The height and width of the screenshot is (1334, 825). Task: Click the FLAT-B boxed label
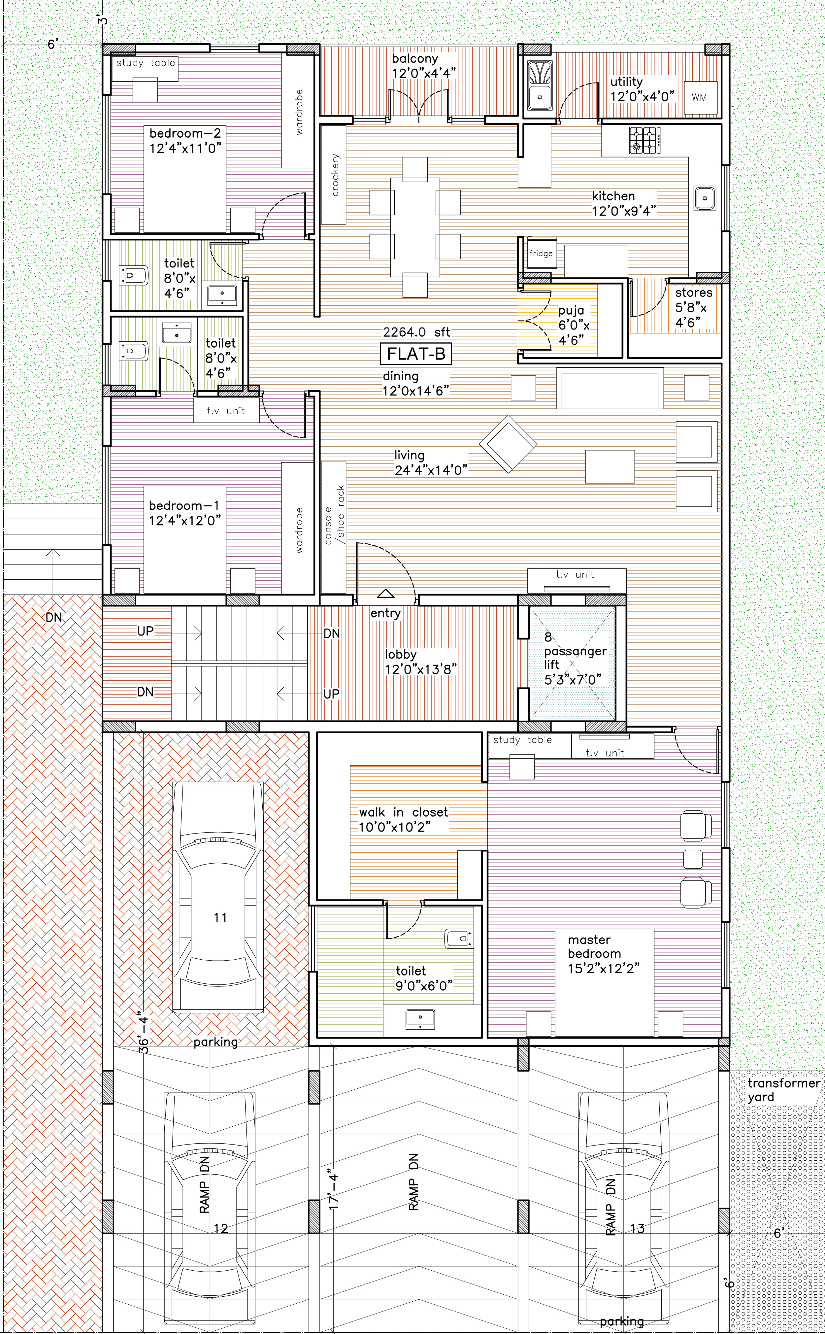pos(416,354)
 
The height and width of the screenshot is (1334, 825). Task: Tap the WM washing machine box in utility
pos(700,97)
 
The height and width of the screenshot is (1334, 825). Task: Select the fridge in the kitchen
pos(541,253)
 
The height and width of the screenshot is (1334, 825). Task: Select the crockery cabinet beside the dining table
pos(333,175)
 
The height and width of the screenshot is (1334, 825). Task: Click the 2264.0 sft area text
pos(416,332)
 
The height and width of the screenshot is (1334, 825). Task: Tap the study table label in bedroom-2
pos(146,63)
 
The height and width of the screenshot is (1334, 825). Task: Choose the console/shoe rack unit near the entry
pos(333,527)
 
